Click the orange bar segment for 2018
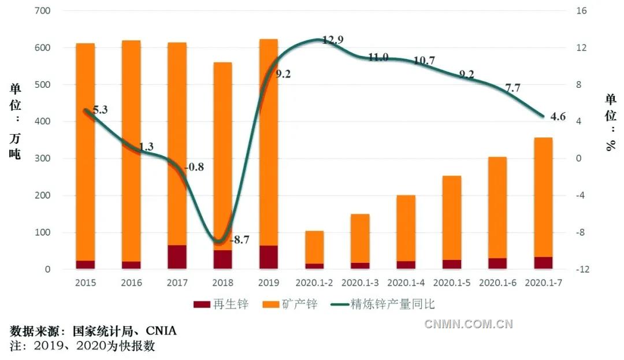pos(222,156)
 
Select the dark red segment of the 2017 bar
pos(177,257)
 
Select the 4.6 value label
pos(558,116)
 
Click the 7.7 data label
pos(513,88)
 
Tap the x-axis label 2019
pos(269,283)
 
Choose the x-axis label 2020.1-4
pos(406,283)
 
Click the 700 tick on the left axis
pos(43,11)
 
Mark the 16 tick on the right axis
pos(581,11)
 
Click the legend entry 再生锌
pos(221,305)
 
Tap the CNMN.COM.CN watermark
pos(468,324)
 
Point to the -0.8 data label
pos(194,168)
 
